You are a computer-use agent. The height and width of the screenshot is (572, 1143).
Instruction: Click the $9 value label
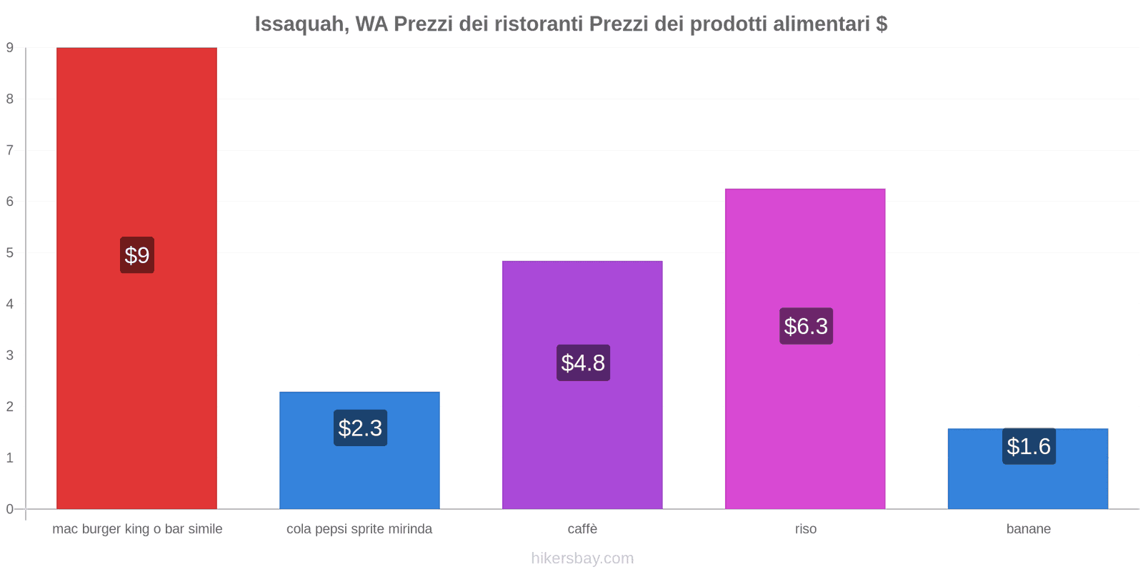[x=137, y=255]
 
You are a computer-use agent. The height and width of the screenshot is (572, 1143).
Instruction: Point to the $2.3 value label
[x=360, y=428]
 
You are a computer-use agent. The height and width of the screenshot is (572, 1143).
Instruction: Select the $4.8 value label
[x=583, y=363]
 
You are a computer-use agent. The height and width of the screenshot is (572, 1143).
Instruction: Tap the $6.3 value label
[x=806, y=326]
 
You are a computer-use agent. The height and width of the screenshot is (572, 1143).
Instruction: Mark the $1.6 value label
[x=1029, y=446]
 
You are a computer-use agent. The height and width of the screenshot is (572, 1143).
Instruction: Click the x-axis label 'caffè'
[x=582, y=529]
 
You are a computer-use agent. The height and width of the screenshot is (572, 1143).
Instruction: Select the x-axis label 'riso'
[x=805, y=529]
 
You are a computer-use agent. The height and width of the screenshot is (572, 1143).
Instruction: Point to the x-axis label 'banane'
[x=1028, y=529]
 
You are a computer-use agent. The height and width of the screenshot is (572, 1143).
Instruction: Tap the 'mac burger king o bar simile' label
[x=137, y=529]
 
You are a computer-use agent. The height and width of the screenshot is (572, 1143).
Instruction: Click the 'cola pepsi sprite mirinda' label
[x=359, y=529]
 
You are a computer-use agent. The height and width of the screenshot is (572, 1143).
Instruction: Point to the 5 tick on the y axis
[x=10, y=252]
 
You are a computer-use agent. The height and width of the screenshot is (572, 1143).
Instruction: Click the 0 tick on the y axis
[x=10, y=509]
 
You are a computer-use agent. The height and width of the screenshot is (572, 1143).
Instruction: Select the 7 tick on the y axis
[x=10, y=150]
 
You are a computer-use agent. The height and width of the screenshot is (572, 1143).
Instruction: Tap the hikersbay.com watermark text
[x=582, y=558]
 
